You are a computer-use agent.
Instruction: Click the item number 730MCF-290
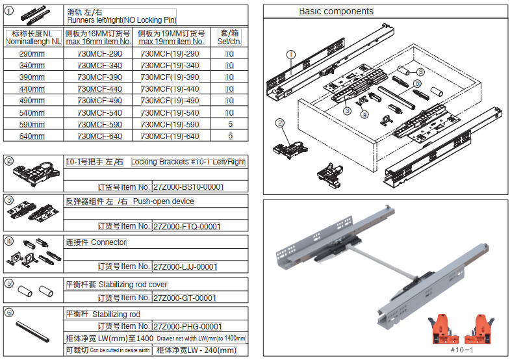pos(99,54)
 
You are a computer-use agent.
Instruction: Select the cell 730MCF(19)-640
pos(170,136)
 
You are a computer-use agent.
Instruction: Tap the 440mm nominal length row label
pos(32,89)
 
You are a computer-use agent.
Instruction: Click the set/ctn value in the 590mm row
pos(230,124)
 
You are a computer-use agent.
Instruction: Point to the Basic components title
pos(336,12)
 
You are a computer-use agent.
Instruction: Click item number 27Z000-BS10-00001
pos(188,187)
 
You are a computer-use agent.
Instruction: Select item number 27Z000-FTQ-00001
pos(186,227)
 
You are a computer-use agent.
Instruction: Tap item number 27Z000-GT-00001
pos(183,298)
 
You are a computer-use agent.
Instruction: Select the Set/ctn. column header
pos(230,37)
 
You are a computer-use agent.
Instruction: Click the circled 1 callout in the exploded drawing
pos(290,55)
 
